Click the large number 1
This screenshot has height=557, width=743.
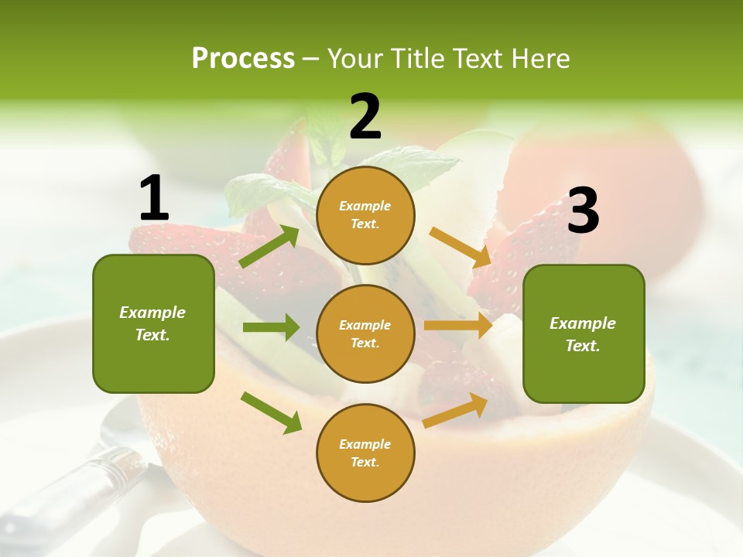(x=154, y=199)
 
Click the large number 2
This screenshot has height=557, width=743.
(x=365, y=118)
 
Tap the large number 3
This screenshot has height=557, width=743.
(x=583, y=211)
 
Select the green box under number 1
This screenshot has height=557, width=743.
(x=153, y=323)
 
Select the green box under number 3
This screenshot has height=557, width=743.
(x=584, y=333)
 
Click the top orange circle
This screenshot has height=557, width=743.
(x=365, y=215)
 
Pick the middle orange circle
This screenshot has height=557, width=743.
(x=365, y=333)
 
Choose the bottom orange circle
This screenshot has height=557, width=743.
(x=365, y=453)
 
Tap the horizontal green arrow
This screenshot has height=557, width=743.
(x=271, y=327)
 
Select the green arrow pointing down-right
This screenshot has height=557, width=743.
(x=271, y=412)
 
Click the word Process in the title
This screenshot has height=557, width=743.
(x=243, y=58)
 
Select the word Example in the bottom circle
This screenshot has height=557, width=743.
(x=365, y=444)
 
